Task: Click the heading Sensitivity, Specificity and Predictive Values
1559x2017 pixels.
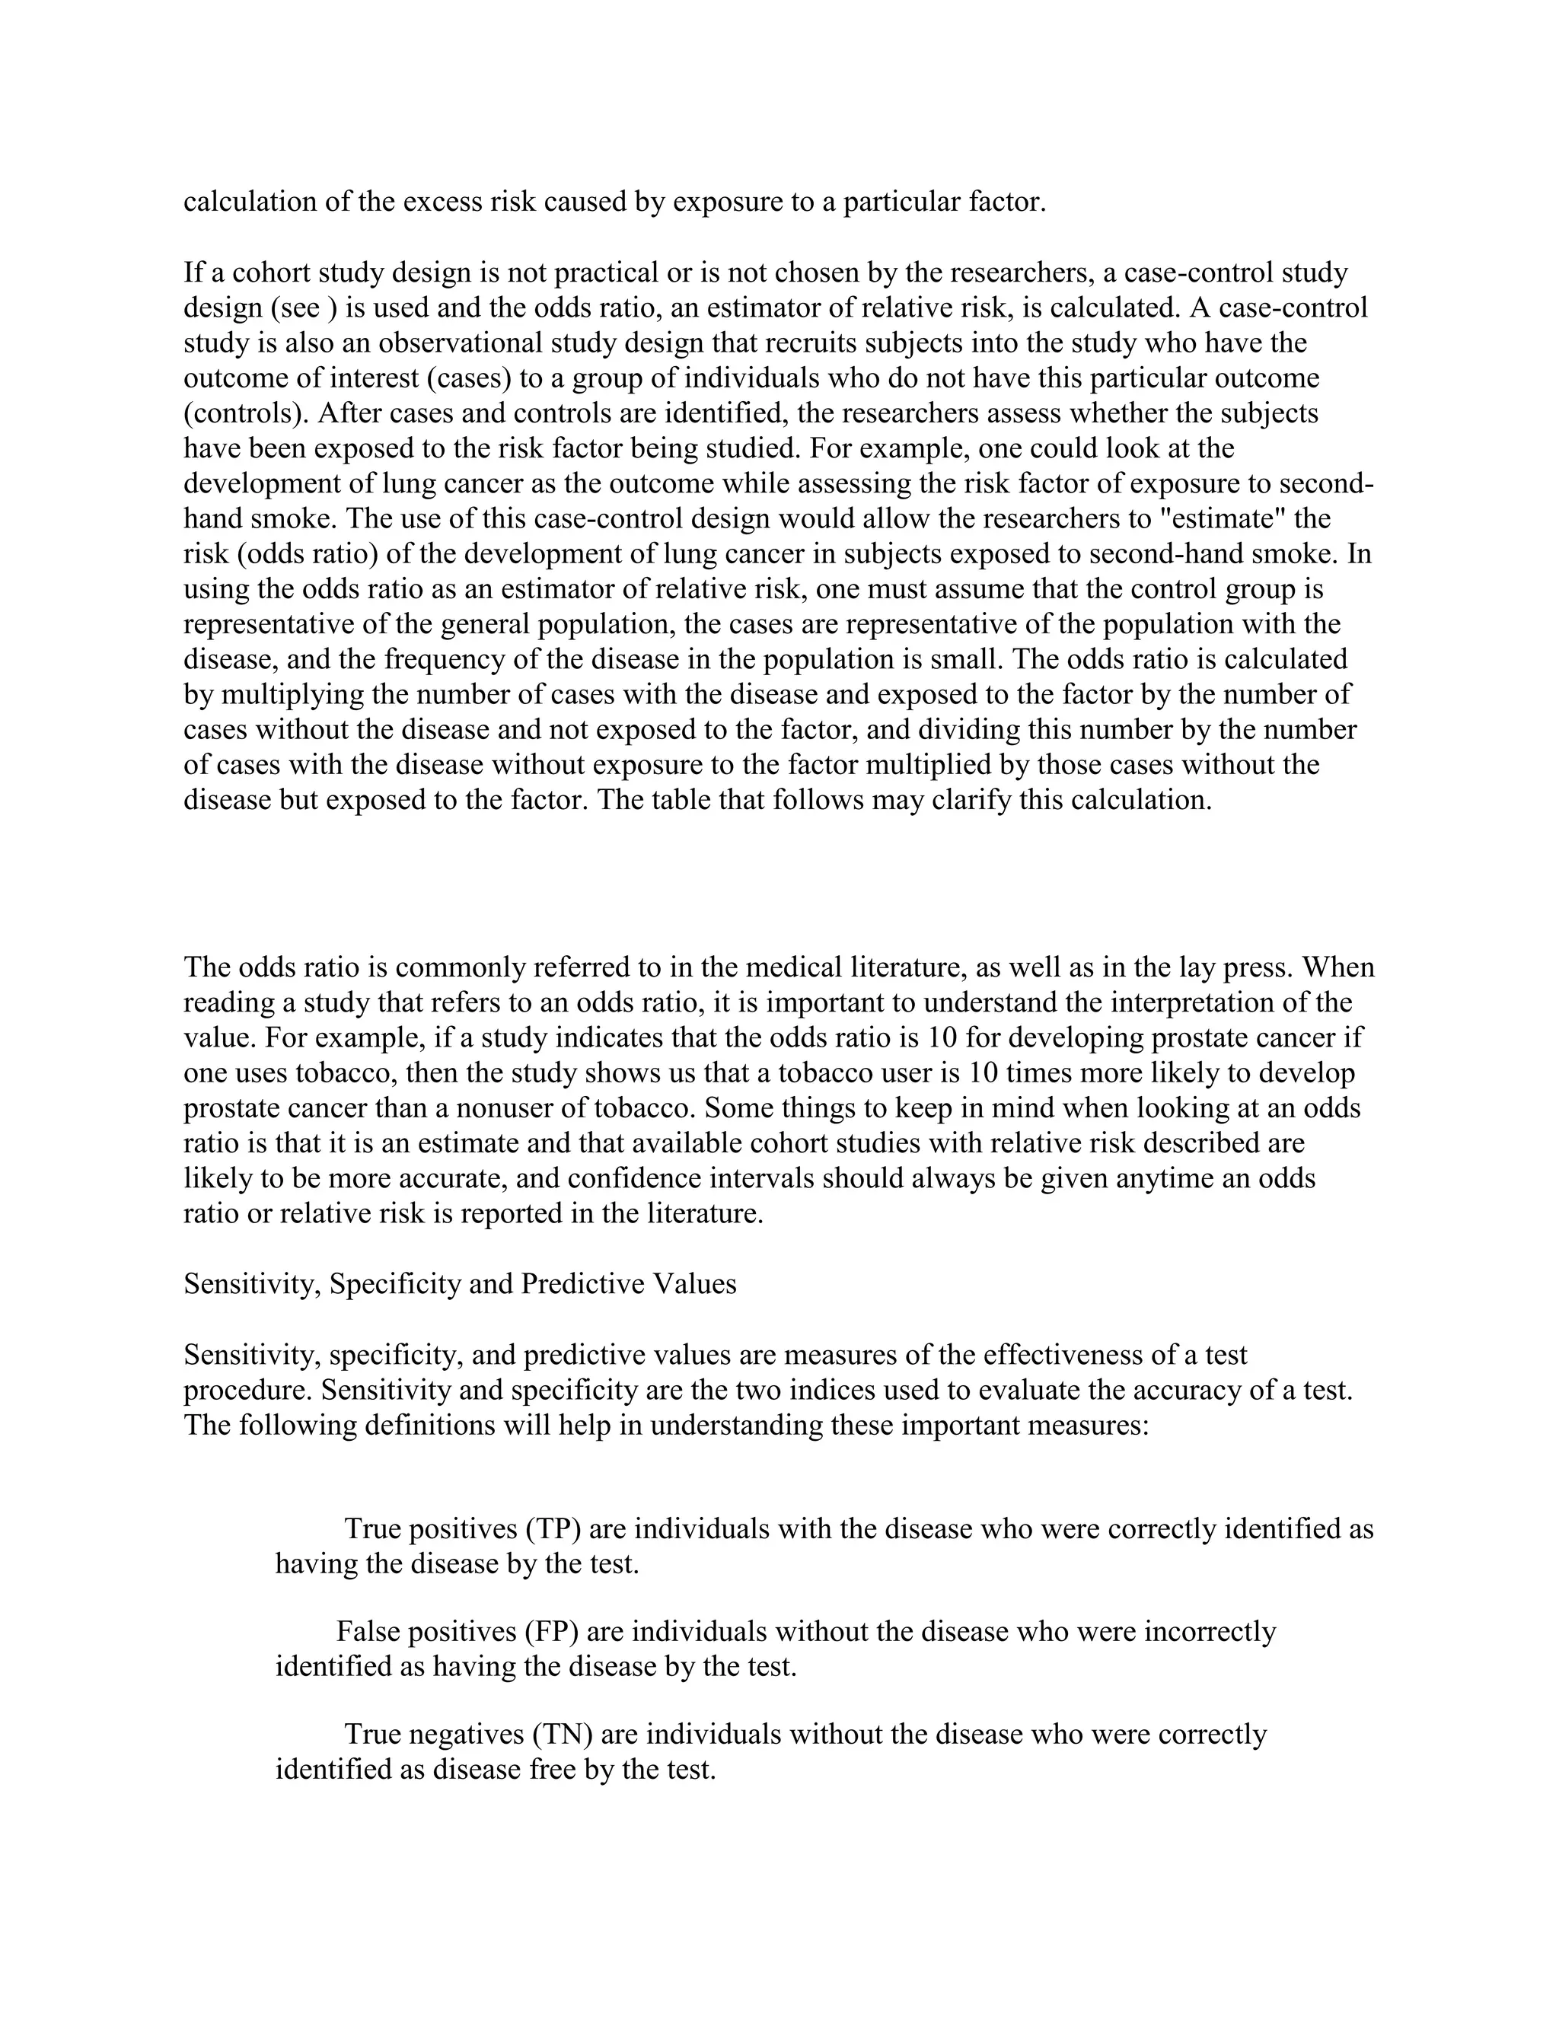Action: [460, 1284]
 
